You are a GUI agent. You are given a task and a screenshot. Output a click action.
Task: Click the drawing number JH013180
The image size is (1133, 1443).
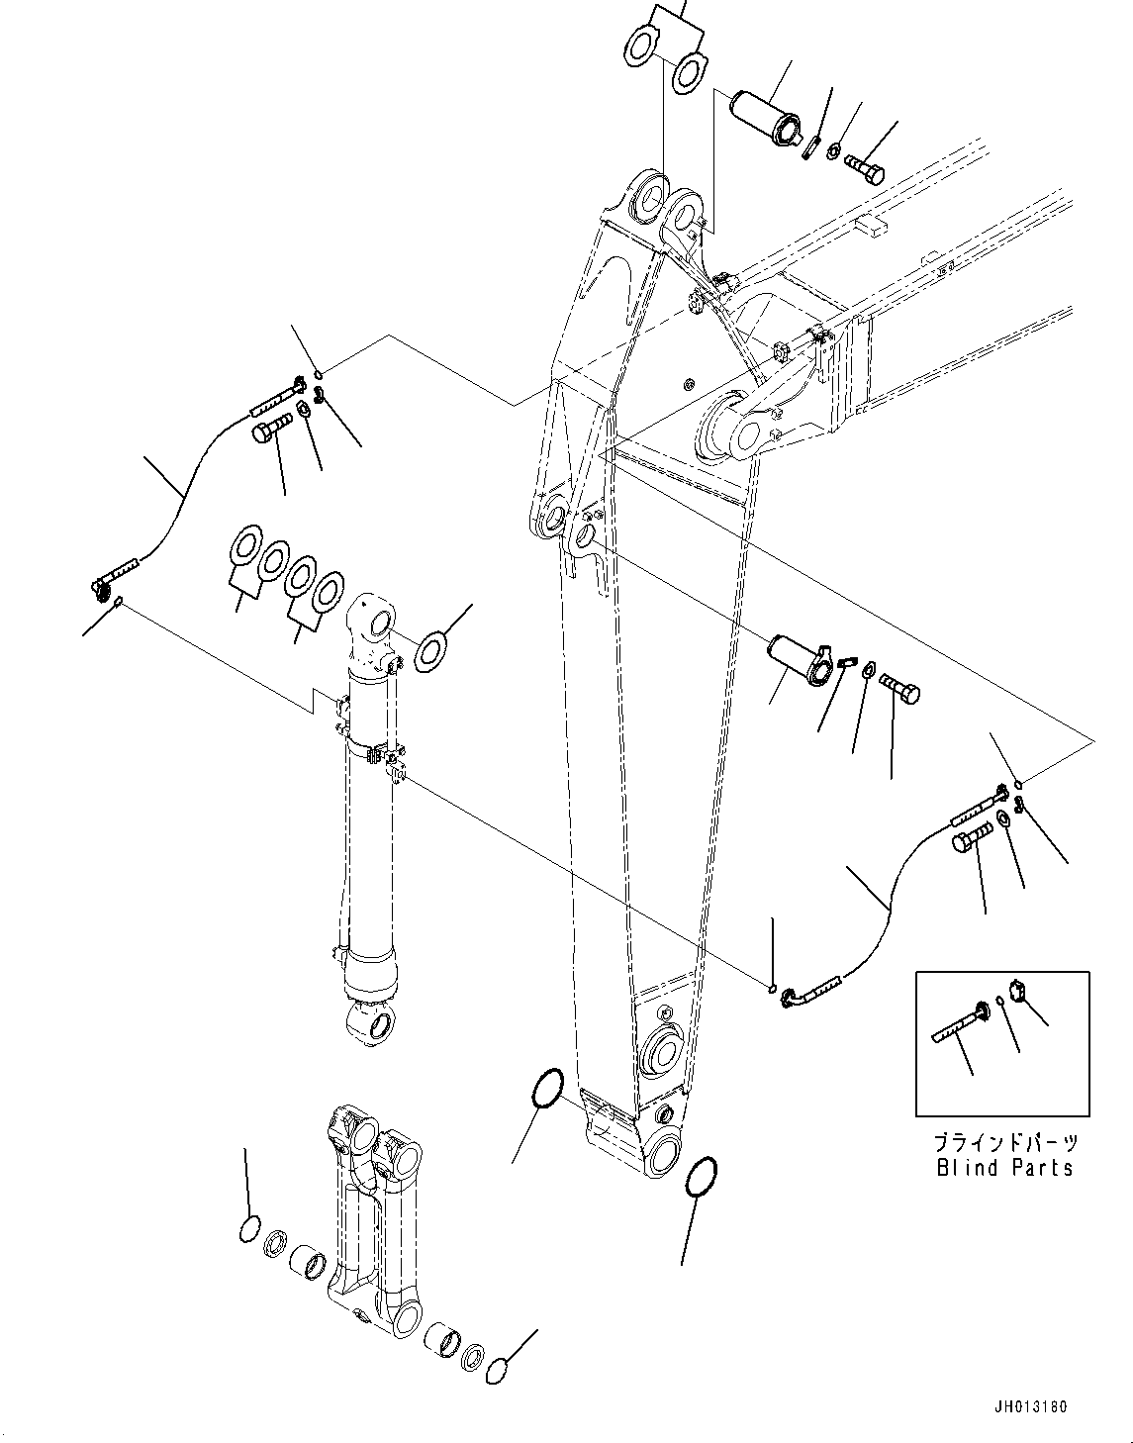pos(1033,1406)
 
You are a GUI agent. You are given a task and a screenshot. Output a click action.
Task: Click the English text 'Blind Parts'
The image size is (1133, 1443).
pos(1004,1168)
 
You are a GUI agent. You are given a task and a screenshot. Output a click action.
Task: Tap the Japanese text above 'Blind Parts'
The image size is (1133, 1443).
pos(1005,1142)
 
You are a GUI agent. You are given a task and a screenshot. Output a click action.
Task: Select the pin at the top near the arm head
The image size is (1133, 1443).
pos(765,115)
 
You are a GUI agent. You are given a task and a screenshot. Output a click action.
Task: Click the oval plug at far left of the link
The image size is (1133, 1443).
pos(249,1230)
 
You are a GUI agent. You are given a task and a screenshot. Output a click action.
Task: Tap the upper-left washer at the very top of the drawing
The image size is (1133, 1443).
pos(641,46)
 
